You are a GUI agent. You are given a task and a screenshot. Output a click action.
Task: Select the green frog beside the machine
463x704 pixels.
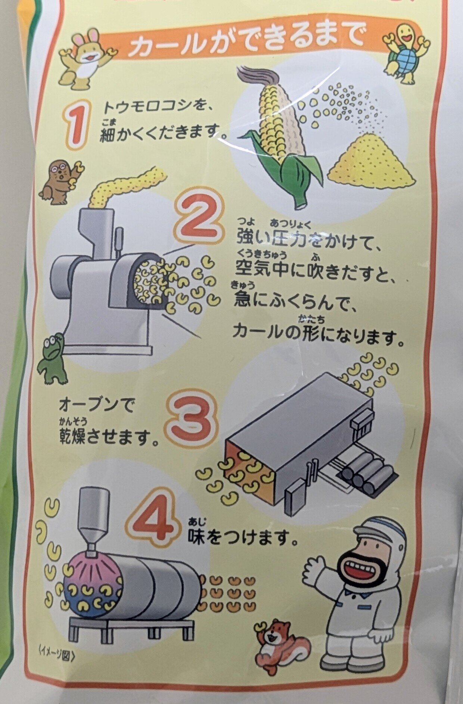[52, 358]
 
